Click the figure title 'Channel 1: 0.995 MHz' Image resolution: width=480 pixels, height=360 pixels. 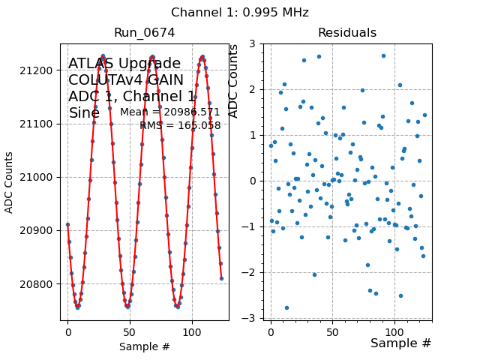pyautogui.click(x=240, y=13)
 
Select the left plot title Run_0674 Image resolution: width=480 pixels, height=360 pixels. pyautogui.click(x=145, y=33)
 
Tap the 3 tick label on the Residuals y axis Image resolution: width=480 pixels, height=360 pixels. pyautogui.click(x=256, y=43)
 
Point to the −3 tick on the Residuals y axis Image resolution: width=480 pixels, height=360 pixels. pyautogui.click(x=253, y=318)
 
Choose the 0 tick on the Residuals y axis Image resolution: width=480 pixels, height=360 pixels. pyautogui.click(x=256, y=181)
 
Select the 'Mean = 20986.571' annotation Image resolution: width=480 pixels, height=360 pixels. pyautogui.click(x=170, y=112)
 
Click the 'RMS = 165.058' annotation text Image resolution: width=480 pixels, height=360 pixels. pyautogui.click(x=180, y=126)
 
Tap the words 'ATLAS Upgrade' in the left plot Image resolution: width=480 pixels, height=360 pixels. pyautogui.click(x=124, y=64)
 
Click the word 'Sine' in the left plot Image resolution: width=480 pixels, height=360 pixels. pyautogui.click(x=84, y=113)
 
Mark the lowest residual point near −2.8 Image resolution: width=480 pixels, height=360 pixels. pyautogui.click(x=286, y=307)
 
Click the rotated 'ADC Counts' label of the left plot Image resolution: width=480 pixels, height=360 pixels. pyautogui.click(x=10, y=182)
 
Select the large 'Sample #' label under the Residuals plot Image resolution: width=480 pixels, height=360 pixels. pyautogui.click(x=401, y=343)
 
